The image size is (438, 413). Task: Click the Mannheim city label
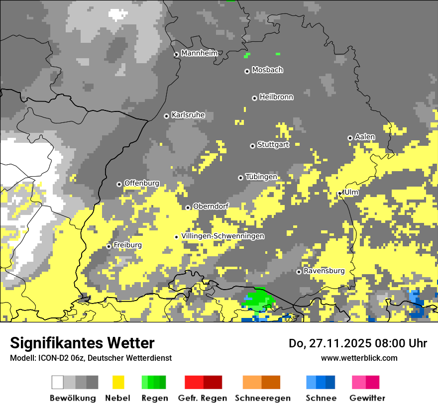(200, 53)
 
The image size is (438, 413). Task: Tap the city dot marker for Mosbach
(247, 71)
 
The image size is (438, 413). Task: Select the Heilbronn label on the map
(276, 97)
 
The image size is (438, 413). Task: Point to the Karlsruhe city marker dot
(167, 116)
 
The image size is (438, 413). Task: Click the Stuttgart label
(273, 145)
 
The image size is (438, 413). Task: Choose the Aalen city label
(365, 137)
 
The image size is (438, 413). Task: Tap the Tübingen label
(261, 177)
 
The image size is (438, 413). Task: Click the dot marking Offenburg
(119, 184)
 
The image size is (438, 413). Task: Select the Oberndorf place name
(210, 206)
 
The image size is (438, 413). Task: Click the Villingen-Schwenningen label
(222, 236)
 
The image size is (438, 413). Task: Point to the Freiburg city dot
(109, 246)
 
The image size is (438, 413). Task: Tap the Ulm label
(351, 192)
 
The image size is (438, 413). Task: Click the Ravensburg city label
(324, 271)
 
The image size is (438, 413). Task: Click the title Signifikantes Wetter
(82, 343)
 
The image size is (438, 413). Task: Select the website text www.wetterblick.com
(359, 358)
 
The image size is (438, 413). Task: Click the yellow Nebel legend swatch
(118, 382)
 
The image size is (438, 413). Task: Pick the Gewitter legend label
(367, 398)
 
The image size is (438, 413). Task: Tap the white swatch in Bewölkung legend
(58, 382)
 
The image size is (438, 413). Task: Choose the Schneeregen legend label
(263, 398)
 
